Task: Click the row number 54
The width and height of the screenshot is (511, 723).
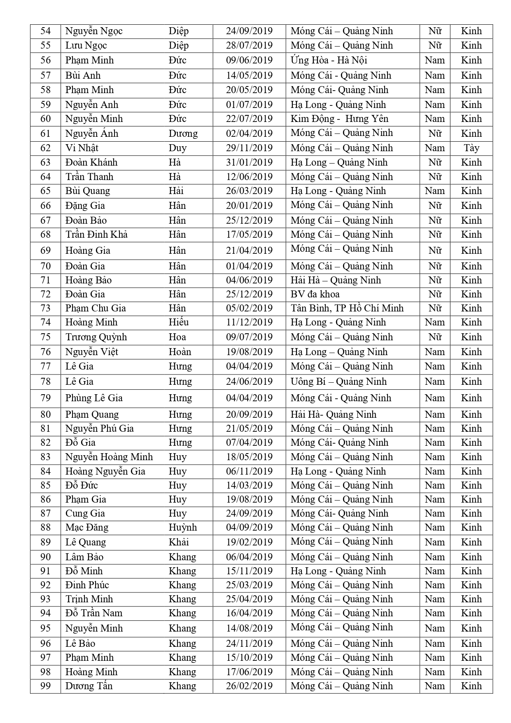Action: pos(45,31)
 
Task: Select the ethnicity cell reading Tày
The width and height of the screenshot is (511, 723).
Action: pos(471,148)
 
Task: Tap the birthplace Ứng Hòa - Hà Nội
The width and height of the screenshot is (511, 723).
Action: pos(329,60)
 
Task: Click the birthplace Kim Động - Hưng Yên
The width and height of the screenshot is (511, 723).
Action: pos(339,119)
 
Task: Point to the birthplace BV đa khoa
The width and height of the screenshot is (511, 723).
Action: pos(315,294)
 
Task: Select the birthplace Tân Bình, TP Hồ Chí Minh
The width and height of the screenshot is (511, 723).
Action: pos(347,308)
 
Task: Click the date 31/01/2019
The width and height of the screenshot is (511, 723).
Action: pos(249,162)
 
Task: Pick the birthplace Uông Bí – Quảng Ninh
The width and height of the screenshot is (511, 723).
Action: pos(338,381)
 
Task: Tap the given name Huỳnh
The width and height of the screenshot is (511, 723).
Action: pos(183,527)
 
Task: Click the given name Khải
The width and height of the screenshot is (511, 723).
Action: pos(179,542)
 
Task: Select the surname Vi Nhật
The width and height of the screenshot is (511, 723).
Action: pos(82,148)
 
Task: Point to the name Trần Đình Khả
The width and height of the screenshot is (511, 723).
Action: pos(96,234)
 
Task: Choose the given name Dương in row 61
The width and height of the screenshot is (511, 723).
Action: pos(183,133)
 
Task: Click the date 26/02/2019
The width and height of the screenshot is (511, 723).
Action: pos(249,686)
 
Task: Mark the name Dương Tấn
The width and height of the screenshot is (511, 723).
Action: pos(89,686)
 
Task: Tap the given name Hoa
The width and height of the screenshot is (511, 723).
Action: pos(177,337)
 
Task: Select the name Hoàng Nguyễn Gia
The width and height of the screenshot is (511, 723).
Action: pos(105,471)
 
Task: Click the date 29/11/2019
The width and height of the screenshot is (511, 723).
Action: pos(249,148)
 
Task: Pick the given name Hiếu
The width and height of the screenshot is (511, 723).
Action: pos(178,322)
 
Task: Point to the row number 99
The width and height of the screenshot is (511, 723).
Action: pos(45,686)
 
